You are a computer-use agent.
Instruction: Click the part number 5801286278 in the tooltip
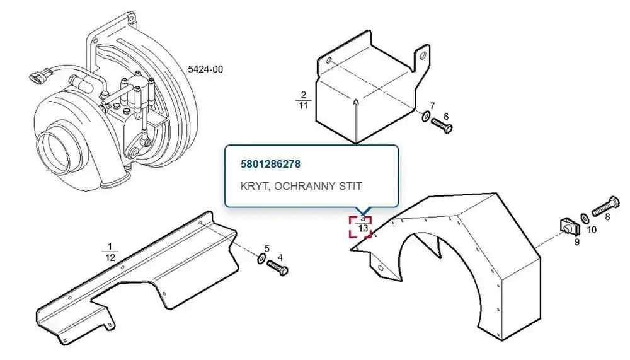point(270,164)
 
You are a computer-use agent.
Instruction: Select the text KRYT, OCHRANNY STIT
point(301,186)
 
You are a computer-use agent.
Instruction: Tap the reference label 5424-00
point(205,69)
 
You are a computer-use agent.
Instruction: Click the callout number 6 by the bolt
point(446,117)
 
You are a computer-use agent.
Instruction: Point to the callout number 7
point(432,106)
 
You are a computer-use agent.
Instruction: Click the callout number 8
point(607,217)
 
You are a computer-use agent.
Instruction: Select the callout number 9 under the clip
point(577,242)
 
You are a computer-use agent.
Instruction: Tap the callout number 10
point(592,229)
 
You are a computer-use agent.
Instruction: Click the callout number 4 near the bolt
point(280,257)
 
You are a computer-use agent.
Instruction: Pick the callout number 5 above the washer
point(266,249)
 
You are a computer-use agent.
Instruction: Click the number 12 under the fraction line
point(110,258)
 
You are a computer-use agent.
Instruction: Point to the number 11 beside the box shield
point(304,105)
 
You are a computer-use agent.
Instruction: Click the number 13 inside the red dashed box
point(363,228)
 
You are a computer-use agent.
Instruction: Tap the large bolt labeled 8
point(605,206)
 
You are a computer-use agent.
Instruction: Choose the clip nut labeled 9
point(569,227)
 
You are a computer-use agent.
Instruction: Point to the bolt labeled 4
point(277,267)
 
